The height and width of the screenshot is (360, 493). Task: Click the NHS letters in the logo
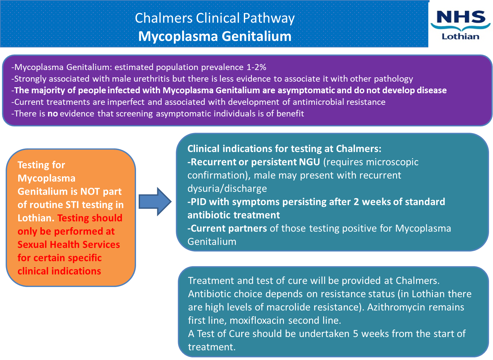[461, 17]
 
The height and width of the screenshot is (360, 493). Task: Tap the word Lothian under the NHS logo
[460, 36]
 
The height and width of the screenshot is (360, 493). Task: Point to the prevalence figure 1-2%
[256, 67]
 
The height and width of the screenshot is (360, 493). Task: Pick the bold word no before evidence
[52, 113]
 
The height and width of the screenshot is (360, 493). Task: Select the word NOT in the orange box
[90, 191]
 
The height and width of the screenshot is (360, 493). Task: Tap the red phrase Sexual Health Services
[69, 245]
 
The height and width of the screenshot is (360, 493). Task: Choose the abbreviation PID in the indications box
[198, 202]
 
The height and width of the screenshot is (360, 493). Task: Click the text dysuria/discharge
[227, 188]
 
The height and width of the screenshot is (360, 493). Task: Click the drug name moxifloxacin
[257, 321]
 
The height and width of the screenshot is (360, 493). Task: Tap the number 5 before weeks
[355, 334]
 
